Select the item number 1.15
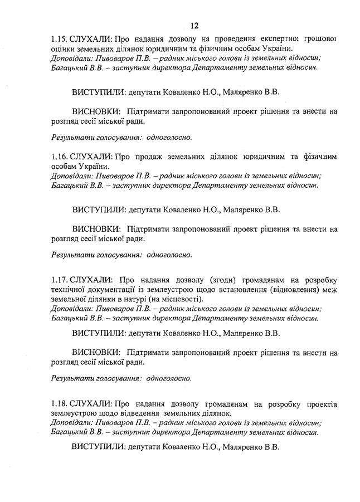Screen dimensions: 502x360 pos(59,39)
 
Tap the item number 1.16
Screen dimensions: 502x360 pos(59,157)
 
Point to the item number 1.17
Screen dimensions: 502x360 pos(59,279)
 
